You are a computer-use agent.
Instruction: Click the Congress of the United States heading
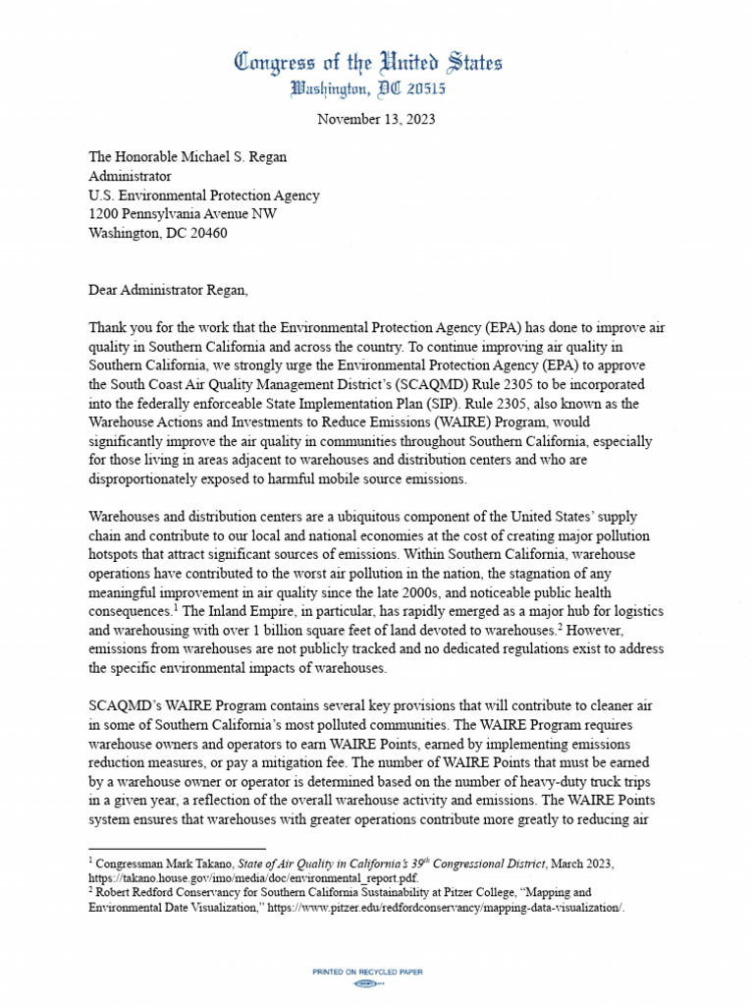point(368,63)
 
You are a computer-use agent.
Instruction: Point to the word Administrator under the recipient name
point(130,177)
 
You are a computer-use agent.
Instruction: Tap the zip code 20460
point(207,233)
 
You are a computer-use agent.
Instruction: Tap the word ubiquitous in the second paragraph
point(366,516)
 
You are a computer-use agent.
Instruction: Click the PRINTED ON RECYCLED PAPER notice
point(367,972)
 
